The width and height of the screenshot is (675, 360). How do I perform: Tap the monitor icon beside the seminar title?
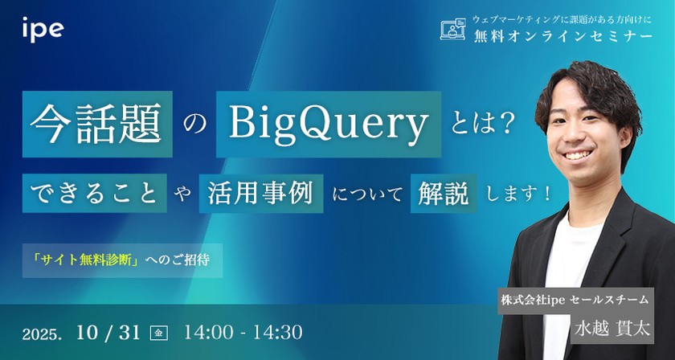[x=454, y=31]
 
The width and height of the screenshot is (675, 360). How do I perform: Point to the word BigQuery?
[x=327, y=124]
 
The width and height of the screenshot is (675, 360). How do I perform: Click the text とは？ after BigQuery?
[x=482, y=125]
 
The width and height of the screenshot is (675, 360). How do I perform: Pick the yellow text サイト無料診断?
[x=93, y=261]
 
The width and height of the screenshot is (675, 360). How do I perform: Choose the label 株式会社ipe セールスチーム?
[x=574, y=300]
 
